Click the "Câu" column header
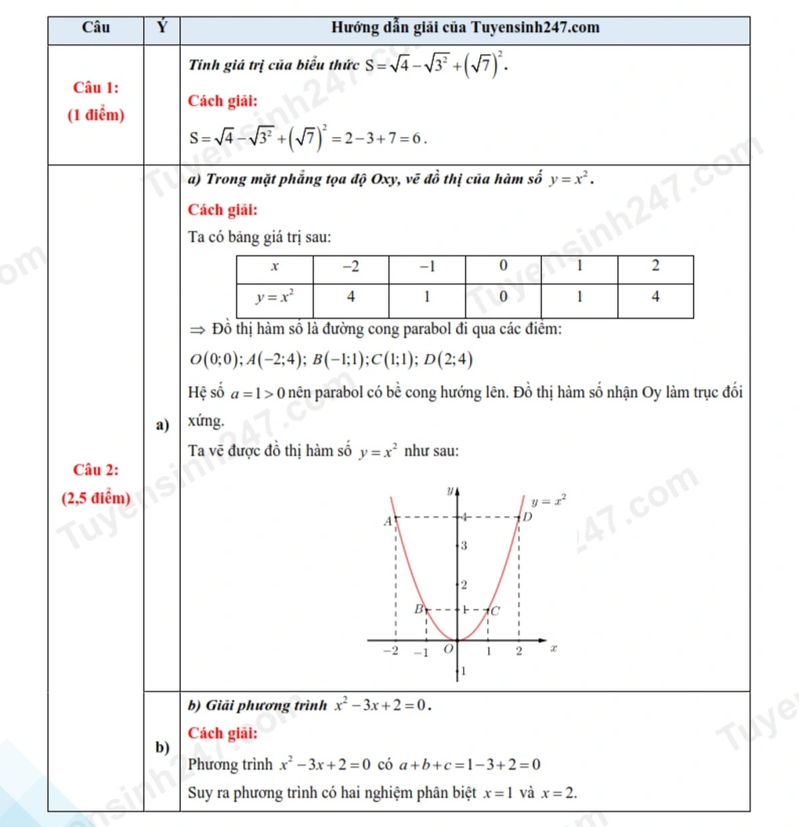click(96, 29)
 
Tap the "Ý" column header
click(161, 29)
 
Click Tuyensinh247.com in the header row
click(535, 29)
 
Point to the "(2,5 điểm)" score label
click(96, 497)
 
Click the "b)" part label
click(162, 747)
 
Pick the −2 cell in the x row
click(351, 266)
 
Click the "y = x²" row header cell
click(274, 297)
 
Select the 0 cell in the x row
click(504, 266)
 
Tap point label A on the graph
click(386, 521)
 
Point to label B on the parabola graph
click(418, 609)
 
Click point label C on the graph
click(495, 609)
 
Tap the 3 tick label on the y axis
click(464, 546)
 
